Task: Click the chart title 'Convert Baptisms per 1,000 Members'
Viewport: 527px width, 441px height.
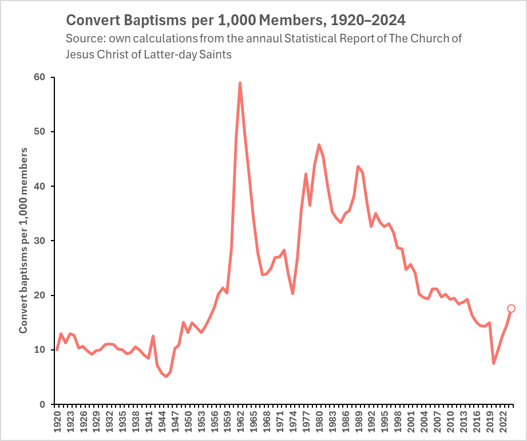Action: pyautogui.click(x=236, y=21)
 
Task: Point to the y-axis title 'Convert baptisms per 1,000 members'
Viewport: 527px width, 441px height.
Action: pyautogui.click(x=24, y=241)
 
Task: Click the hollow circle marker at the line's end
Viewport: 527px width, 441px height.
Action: pyautogui.click(x=511, y=309)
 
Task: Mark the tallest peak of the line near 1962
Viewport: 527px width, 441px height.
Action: pyautogui.click(x=240, y=83)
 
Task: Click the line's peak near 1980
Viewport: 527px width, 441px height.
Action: pyautogui.click(x=319, y=145)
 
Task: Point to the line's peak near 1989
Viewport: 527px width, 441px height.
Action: pyautogui.click(x=358, y=167)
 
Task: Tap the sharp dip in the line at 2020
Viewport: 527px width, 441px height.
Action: pyautogui.click(x=493, y=363)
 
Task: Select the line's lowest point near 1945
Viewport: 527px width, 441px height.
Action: pyautogui.click(x=166, y=376)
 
